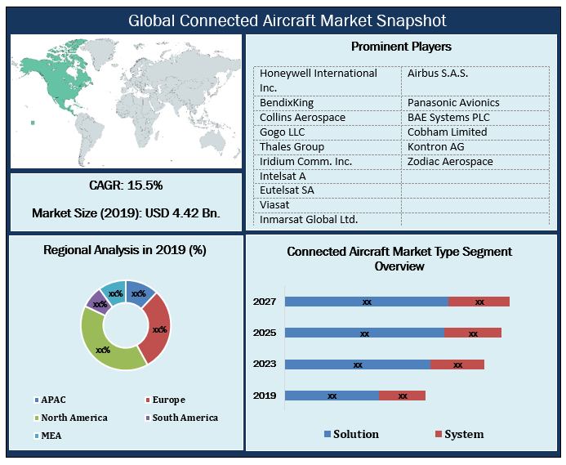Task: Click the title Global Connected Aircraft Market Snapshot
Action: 283,20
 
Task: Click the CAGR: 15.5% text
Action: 126,185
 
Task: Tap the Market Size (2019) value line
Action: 126,213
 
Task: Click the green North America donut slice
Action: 104,348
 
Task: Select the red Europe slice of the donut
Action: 158,329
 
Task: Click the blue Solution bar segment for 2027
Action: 367,302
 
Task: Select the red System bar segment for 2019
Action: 403,396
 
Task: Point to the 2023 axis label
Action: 264,364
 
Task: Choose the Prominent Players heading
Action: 401,47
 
